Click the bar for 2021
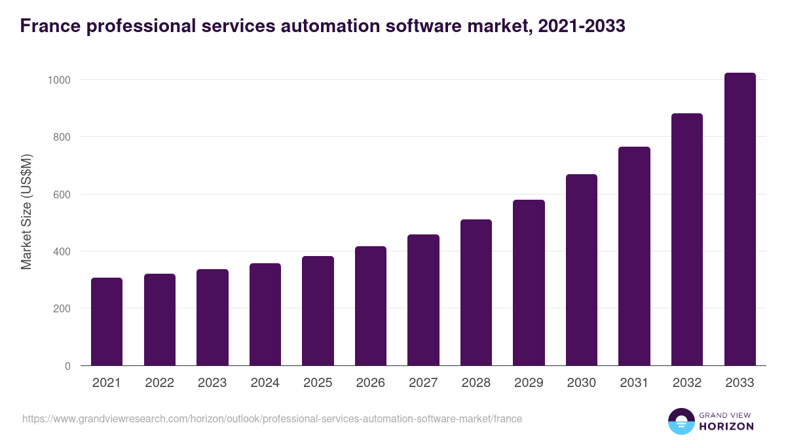click(107, 322)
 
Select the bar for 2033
click(739, 219)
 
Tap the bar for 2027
click(423, 300)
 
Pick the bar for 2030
click(582, 270)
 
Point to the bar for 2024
click(265, 314)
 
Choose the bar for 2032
click(687, 240)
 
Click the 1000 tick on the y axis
click(60, 80)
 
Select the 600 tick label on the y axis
click(62, 194)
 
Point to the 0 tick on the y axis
click(67, 366)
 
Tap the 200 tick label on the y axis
click(62, 308)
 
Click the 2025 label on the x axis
click(318, 383)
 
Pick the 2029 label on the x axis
click(529, 383)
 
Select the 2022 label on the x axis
click(160, 383)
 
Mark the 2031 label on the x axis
click(634, 383)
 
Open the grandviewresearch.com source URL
click(272, 418)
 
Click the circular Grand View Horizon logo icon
click(681, 421)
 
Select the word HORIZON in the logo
click(726, 426)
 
